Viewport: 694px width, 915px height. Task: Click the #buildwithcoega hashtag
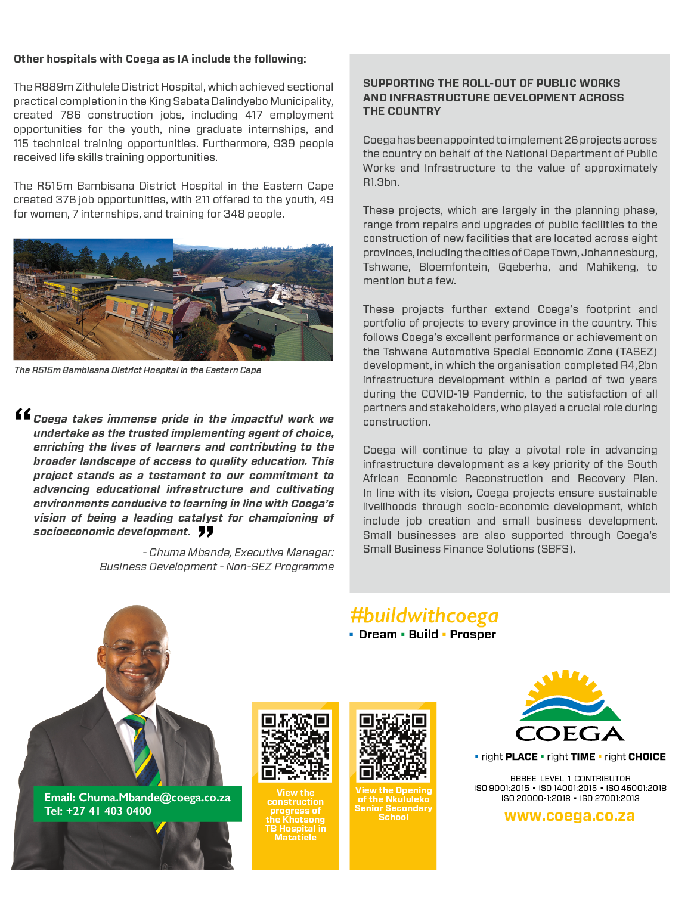click(x=424, y=615)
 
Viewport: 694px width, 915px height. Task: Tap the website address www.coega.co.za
click(x=569, y=816)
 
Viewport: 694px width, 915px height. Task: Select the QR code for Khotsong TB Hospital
click(x=295, y=746)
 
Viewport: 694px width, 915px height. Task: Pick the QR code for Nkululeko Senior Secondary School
click(x=393, y=746)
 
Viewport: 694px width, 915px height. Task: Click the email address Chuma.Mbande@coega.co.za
click(x=154, y=798)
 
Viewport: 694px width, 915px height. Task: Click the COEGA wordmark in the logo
click(x=569, y=733)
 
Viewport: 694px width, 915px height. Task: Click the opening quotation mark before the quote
click(x=23, y=414)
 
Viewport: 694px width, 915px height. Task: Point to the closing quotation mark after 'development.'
click(x=206, y=531)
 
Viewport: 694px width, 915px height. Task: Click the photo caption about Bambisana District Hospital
click(x=138, y=370)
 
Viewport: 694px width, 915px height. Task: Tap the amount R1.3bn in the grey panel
click(x=381, y=182)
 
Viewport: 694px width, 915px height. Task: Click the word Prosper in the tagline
click(x=473, y=635)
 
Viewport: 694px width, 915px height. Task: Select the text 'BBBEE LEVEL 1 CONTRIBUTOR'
click(x=570, y=778)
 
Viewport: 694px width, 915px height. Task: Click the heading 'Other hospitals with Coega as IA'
click(x=160, y=59)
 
